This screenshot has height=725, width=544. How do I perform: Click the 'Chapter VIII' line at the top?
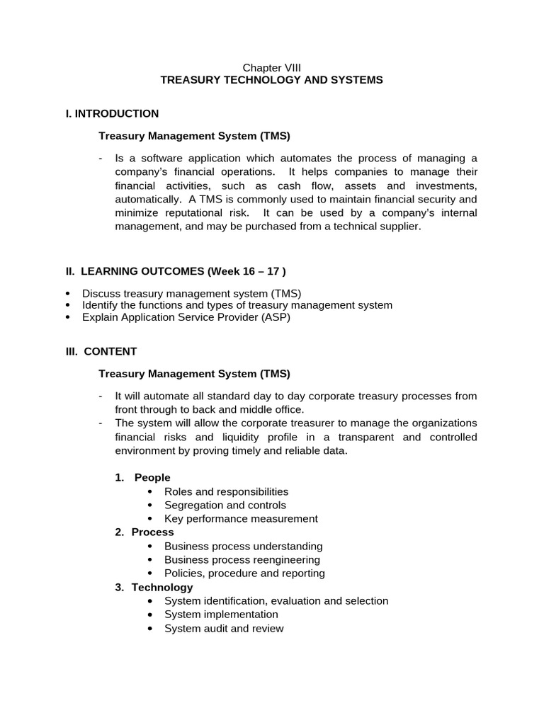[x=272, y=67]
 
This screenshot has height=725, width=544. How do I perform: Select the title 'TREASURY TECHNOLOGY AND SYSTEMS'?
[x=272, y=80]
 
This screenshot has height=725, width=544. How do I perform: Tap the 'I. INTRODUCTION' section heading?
[x=112, y=113]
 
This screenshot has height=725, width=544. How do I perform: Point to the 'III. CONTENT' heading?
[x=101, y=351]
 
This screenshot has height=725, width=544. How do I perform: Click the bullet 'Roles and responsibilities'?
[x=226, y=491]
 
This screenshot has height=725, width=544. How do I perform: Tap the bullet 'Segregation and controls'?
[x=225, y=505]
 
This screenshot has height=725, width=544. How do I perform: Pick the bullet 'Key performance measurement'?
[x=241, y=518]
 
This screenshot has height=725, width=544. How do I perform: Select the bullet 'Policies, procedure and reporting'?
[x=244, y=573]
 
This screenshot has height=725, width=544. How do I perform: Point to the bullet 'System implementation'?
[x=221, y=615]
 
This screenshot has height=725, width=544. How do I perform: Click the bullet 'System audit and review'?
[x=224, y=628]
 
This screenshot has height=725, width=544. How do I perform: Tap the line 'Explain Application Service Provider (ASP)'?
[x=186, y=317]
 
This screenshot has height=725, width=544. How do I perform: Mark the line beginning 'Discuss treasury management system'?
[x=191, y=293]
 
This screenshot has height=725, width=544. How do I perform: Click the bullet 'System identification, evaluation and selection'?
[x=276, y=601]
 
